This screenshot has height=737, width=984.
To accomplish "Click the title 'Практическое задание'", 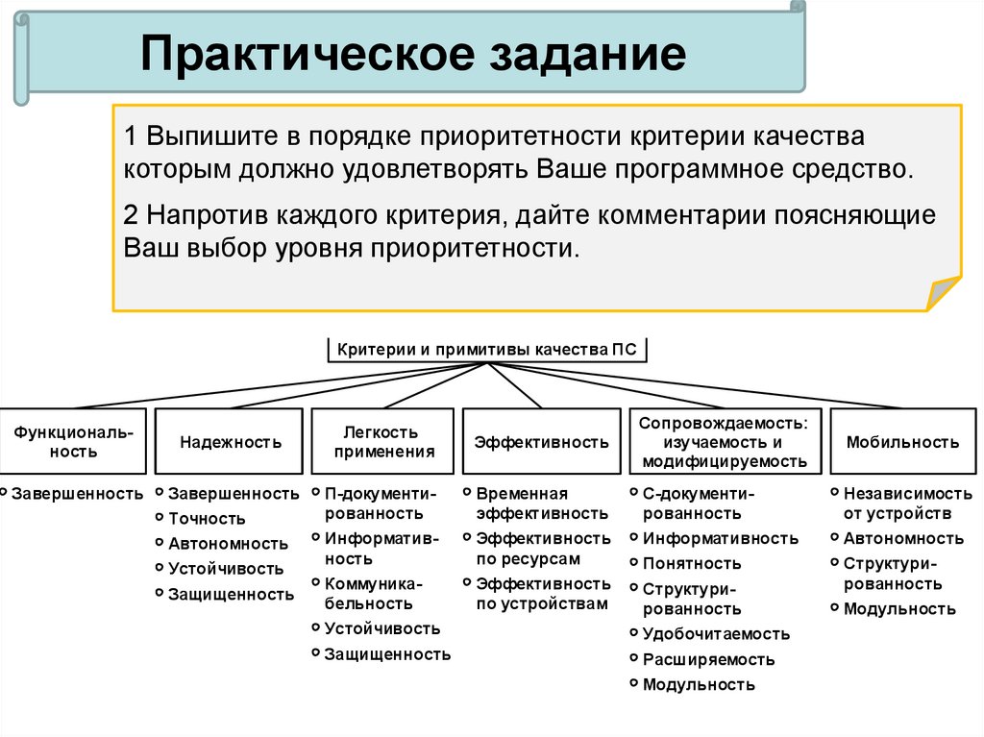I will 413,56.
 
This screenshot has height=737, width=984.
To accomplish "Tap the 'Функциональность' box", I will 74,442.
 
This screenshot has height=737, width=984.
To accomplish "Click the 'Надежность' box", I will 231,442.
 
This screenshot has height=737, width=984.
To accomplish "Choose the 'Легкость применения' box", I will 381,442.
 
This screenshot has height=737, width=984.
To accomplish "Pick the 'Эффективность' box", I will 541,442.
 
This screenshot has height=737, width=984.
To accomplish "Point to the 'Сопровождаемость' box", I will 725,442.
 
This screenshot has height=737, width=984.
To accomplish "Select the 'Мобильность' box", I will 902,442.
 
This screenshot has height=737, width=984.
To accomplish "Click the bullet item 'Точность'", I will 207,518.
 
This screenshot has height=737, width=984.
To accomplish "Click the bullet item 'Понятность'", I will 692,563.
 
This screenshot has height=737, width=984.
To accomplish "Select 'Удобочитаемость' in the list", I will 716,633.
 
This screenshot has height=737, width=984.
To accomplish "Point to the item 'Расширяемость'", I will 708,659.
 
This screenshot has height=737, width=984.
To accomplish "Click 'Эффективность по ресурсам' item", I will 543,548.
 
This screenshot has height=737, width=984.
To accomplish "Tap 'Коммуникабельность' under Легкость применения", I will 372,593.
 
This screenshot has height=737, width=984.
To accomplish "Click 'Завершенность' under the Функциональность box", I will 77,493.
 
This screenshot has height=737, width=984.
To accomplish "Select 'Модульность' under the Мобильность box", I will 899,608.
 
